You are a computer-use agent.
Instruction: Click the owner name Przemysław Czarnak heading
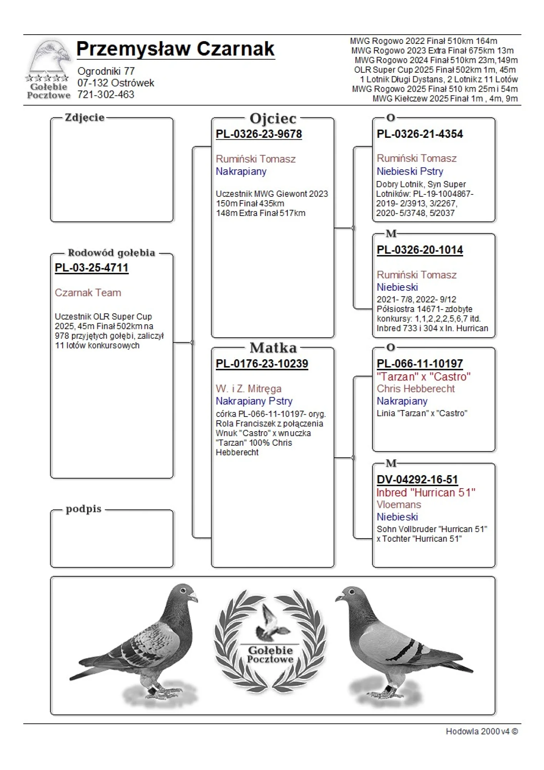[x=175, y=49]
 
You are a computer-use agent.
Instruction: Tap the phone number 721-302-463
[x=106, y=95]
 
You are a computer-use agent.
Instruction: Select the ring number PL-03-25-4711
[x=92, y=268]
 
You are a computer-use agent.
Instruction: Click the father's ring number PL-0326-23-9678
[x=259, y=134]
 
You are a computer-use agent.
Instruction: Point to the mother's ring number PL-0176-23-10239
[x=262, y=363]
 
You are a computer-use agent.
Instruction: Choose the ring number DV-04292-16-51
[x=417, y=479]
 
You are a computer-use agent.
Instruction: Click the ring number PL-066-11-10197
[x=419, y=363]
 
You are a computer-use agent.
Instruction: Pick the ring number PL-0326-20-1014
[x=419, y=250]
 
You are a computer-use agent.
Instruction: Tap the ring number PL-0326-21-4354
[x=419, y=134]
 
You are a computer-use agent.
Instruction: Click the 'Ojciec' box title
[x=273, y=119]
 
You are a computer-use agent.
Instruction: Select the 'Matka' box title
[x=273, y=348]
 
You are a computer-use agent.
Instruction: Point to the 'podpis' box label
[x=83, y=509]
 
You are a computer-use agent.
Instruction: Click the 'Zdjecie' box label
[x=85, y=117]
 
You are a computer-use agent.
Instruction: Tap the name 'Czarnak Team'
[x=88, y=293]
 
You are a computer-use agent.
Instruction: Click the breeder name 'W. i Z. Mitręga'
[x=249, y=388]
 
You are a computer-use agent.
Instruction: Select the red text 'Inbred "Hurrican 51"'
[x=426, y=492]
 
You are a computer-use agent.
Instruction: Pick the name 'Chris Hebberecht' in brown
[x=416, y=388]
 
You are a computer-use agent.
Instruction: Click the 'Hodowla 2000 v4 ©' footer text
[x=481, y=731]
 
